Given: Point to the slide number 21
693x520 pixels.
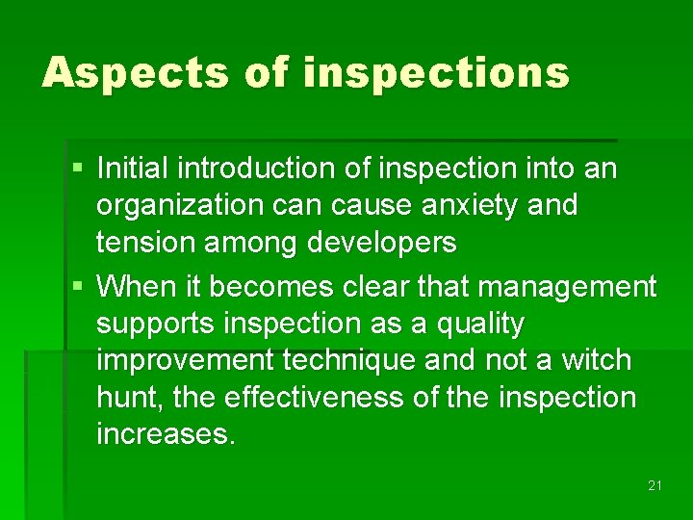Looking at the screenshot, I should coord(654,485).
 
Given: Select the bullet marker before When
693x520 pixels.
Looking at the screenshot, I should coord(78,287).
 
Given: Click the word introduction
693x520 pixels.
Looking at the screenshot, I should coord(244,169).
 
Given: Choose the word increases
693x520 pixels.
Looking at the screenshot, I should coord(165,434).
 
